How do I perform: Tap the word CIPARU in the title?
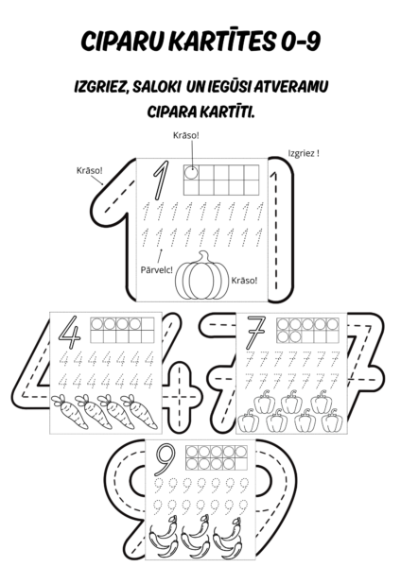pos(122,42)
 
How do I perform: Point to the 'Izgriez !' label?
pos(304,153)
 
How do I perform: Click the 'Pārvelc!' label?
pos(156,269)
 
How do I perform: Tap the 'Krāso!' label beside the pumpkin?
pos(244,281)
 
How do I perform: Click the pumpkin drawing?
pos(202,276)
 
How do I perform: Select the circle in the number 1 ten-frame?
pos(191,173)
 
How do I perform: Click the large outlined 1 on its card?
pos(160,180)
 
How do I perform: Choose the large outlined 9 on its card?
pos(166,460)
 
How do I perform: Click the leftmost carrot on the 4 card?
pos(69,411)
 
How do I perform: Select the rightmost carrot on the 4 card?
pos(139,411)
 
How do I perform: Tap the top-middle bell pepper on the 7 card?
pos(291,402)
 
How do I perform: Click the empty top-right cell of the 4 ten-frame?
pos(148,324)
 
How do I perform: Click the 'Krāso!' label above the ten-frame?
pos(186,135)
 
